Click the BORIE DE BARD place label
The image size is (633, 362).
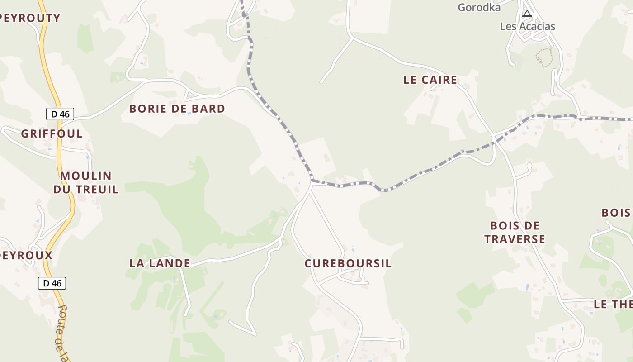pyautogui.click(x=177, y=109)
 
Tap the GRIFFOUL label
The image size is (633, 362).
pyautogui.click(x=52, y=133)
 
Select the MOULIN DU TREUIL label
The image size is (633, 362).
pyautogui.click(x=86, y=182)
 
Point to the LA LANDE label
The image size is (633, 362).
pyautogui.click(x=160, y=263)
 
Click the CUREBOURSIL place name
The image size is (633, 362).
pyautogui.click(x=348, y=263)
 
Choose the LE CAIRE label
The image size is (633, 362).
pyautogui.click(x=430, y=80)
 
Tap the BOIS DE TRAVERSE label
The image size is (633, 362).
pyautogui.click(x=515, y=232)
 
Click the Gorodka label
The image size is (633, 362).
pyautogui.click(x=479, y=7)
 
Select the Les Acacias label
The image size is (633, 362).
pyautogui.click(x=527, y=26)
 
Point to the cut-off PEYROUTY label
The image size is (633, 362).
pyautogui.click(x=30, y=18)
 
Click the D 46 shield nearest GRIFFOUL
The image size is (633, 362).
pyautogui.click(x=60, y=114)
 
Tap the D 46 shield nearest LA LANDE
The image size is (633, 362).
pyautogui.click(x=52, y=283)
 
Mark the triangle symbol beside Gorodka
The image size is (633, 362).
pyautogui.click(x=527, y=14)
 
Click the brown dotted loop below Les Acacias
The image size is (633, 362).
pyautogui.click(x=545, y=57)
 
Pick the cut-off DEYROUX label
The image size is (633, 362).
pyautogui.click(x=26, y=255)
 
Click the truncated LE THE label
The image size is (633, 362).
pyautogui.click(x=613, y=304)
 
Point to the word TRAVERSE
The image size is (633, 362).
pyautogui.click(x=515, y=239)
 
